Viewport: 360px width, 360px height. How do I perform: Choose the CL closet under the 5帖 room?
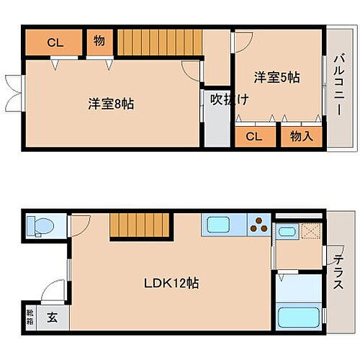pyautogui.click(x=253, y=136)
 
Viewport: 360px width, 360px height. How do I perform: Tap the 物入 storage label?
pyautogui.click(x=301, y=136)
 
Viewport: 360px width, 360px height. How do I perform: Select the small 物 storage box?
pyautogui.click(x=99, y=42)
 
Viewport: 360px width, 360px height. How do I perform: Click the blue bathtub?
pyautogui.click(x=299, y=316)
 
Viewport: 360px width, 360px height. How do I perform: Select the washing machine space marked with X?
pyautogui.click(x=312, y=233)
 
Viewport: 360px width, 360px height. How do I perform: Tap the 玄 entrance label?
pyautogui.click(x=53, y=315)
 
